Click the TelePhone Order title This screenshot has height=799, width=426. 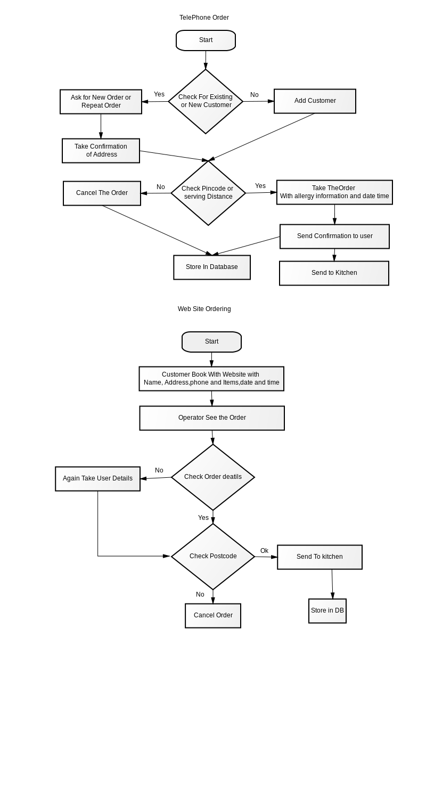204,18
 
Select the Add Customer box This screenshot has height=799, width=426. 315,101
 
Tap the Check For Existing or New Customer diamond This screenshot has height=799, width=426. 206,101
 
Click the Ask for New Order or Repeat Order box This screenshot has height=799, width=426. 101,102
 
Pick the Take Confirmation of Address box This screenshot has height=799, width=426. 101,151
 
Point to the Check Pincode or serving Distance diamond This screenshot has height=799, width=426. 208,193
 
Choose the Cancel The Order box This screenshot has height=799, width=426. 102,193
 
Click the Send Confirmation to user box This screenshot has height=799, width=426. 334,237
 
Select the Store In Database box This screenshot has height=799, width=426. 212,267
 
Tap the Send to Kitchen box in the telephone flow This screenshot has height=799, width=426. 334,273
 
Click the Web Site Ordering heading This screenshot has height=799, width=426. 204,309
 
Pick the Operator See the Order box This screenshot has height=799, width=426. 212,418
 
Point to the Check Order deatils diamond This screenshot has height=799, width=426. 213,477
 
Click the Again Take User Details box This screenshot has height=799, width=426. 97,479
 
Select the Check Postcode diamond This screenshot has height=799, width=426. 213,557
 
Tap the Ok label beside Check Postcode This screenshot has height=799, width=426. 264,551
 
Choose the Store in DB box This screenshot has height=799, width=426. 327,611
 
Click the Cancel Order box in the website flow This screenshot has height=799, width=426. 213,616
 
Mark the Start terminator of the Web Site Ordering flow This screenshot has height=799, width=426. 212,342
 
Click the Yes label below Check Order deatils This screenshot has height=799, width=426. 203,518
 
